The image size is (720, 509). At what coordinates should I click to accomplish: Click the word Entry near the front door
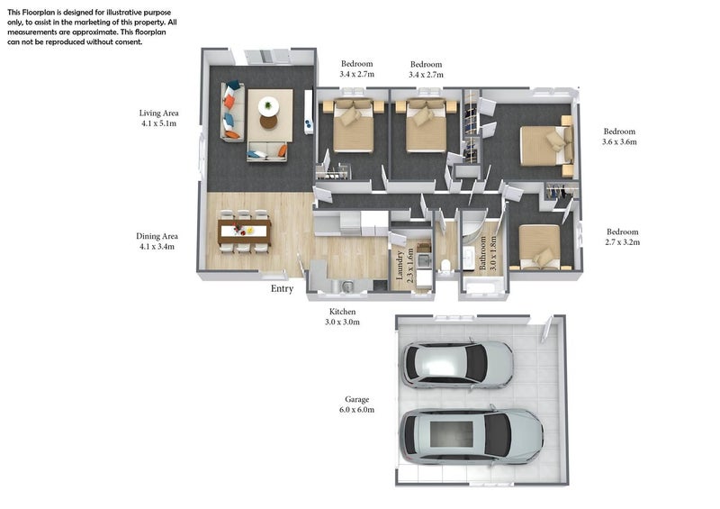282,289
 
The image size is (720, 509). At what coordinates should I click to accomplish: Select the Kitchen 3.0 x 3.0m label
342,317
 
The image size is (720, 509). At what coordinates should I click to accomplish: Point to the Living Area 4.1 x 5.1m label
159,118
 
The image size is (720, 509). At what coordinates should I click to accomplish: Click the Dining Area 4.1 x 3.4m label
157,241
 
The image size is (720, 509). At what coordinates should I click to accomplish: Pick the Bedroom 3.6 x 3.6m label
619,137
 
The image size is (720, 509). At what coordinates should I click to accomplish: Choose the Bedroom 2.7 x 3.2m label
622,237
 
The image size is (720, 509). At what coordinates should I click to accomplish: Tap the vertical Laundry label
400,265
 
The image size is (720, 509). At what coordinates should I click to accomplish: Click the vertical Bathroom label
482,253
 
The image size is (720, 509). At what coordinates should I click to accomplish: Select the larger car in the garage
472,436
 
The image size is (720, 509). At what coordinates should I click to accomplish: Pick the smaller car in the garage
458,364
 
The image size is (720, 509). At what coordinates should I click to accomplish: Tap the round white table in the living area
268,106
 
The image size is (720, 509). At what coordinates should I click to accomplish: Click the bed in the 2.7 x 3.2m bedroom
541,246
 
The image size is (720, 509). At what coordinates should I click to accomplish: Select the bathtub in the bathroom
482,285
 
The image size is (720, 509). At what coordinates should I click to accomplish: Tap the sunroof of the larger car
452,435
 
